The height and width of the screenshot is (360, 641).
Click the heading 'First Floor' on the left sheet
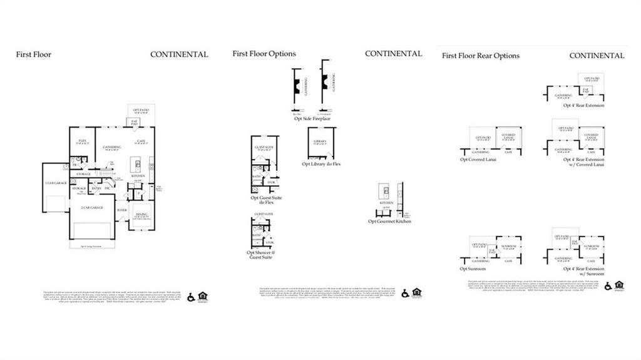[x=34, y=54]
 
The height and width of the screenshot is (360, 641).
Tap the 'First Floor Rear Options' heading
[x=480, y=56]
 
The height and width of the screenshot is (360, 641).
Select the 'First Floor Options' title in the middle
[x=264, y=54]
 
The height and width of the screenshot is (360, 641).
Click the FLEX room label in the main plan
[x=82, y=141]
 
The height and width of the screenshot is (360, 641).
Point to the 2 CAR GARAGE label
[x=91, y=207]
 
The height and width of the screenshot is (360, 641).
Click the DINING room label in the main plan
[x=142, y=215]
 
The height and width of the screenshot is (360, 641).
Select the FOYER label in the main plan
[x=121, y=210]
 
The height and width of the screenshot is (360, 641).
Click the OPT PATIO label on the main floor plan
[x=139, y=110]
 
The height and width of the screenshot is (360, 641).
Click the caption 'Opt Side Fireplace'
[x=312, y=118]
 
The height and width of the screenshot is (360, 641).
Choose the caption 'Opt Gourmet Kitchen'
[x=389, y=222]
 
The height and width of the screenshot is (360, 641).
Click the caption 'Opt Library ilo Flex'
[x=322, y=164]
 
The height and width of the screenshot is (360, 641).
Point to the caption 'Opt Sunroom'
[x=473, y=269]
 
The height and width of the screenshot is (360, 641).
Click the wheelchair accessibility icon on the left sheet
[x=191, y=297]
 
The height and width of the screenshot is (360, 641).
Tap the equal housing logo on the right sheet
[x=619, y=285]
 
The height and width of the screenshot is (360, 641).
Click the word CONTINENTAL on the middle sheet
[x=393, y=54]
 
